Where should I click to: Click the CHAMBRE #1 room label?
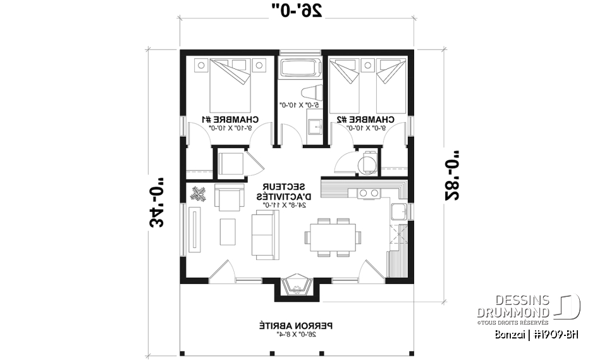(x=230, y=119)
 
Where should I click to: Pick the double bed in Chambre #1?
(x=230, y=85)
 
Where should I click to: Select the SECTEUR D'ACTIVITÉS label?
(x=284, y=192)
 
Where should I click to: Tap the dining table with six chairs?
(x=333, y=237)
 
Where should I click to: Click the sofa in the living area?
(x=265, y=233)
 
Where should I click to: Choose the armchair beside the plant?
(x=230, y=197)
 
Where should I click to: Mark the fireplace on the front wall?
(x=296, y=285)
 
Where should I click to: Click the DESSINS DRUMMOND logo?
(x=531, y=306)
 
